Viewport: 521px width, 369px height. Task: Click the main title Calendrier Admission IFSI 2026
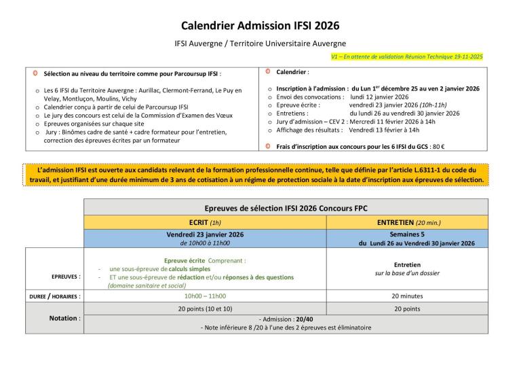(260, 27)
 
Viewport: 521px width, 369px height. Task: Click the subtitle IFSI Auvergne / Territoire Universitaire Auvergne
(260, 43)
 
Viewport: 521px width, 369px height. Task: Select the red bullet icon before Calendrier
(267, 71)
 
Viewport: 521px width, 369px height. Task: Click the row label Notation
(64, 318)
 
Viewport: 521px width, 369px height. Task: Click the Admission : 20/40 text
(285, 319)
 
